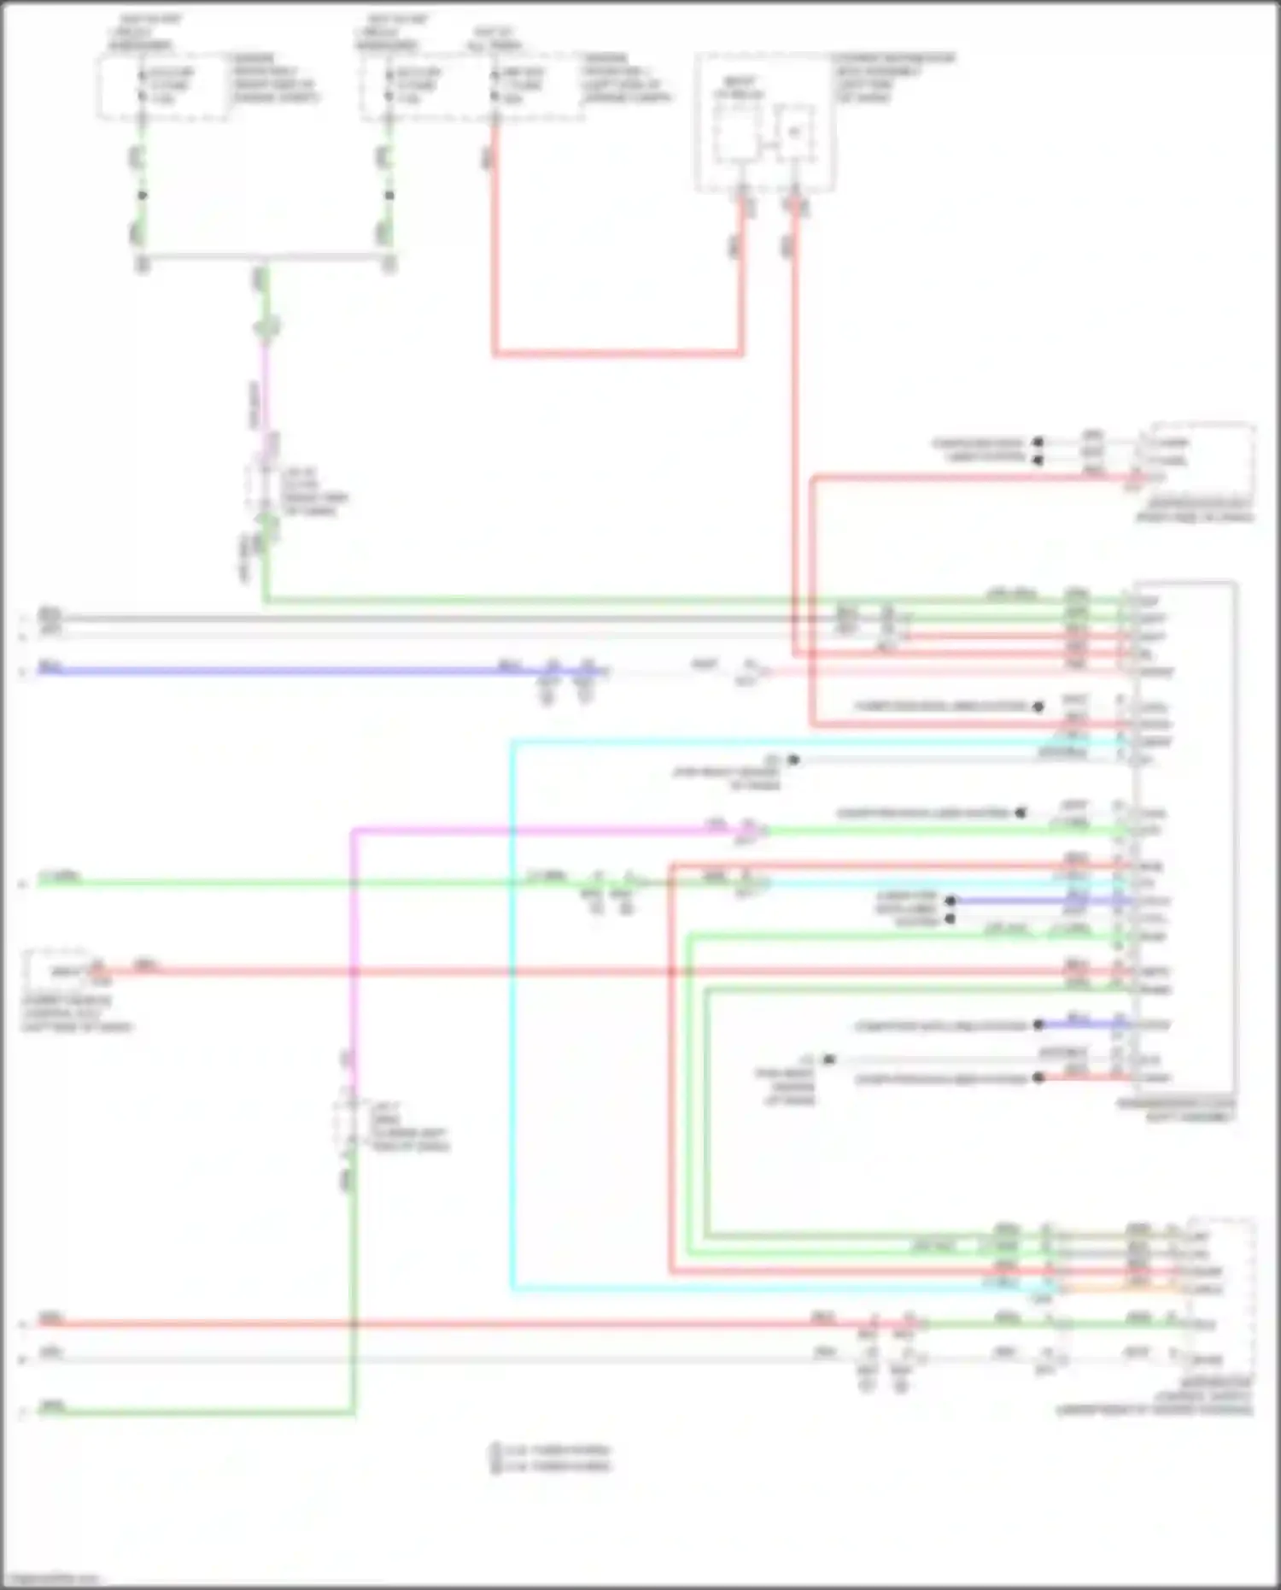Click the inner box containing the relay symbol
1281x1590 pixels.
794,132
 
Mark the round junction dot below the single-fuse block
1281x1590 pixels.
143,196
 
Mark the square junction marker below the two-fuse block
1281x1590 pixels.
389,196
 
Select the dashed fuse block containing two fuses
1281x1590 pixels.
470,85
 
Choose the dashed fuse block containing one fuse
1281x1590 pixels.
162,85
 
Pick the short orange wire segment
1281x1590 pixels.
1119,1288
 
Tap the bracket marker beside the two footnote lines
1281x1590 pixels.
494,1458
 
